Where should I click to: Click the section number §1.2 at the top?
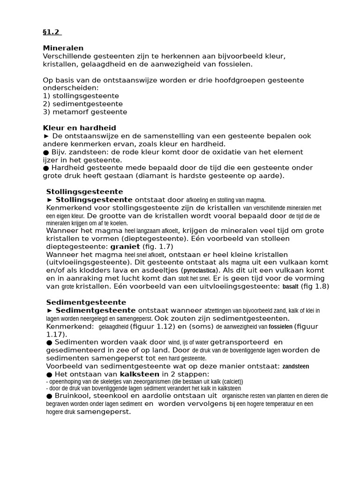52,32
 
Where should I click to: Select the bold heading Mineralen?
63,48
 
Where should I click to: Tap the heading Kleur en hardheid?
79,128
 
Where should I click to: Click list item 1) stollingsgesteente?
81,96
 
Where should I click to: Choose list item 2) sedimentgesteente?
82,104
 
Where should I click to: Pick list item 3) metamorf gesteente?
85,112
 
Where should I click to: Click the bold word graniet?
125,246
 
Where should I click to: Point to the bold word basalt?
290,286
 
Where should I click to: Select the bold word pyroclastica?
200,270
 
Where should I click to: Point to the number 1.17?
56,334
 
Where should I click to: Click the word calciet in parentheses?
228,382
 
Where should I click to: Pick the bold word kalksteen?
139,374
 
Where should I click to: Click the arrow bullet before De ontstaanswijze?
46,136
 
